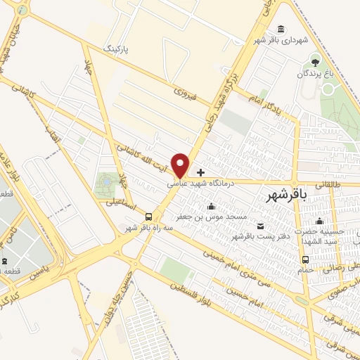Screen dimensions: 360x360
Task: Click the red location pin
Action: [181, 165]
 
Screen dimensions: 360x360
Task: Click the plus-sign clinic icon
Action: [201, 172]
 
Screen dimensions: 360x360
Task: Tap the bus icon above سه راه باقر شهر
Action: [148, 217]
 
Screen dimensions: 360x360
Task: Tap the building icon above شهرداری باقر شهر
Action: [281, 29]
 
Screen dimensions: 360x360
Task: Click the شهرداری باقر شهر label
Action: [281, 39]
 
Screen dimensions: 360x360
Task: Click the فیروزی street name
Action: [189, 91]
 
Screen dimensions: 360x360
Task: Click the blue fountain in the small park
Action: [105, 181]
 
